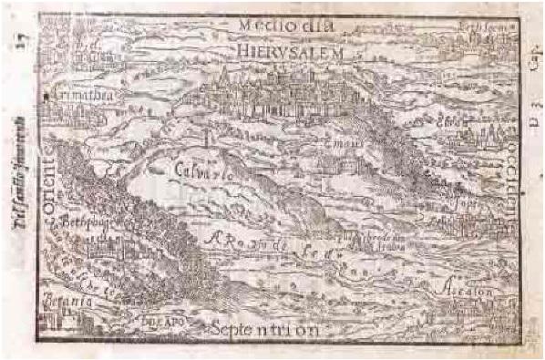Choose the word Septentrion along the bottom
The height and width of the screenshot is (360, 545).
click(x=263, y=329)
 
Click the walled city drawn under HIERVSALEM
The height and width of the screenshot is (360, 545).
click(x=273, y=96)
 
